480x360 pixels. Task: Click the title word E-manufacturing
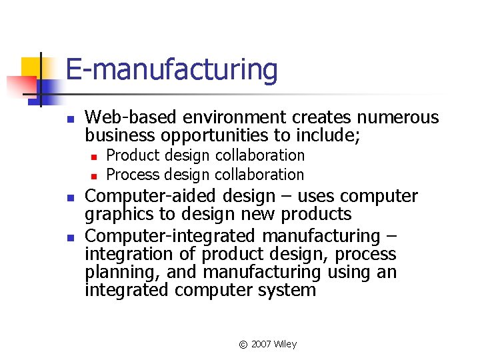[171, 70]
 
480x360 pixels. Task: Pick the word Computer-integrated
[165, 236]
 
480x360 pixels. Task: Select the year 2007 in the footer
[261, 345]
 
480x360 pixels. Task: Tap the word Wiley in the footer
[285, 345]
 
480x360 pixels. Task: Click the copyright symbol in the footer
[243, 345]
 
